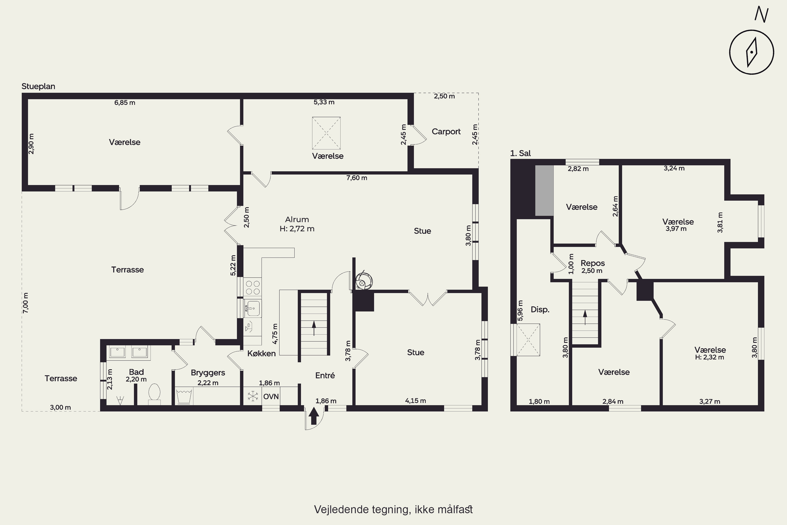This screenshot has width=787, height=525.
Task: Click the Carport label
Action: pos(446,132)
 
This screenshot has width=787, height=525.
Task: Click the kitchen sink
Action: pos(253,308)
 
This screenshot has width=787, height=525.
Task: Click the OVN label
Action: pos(271,397)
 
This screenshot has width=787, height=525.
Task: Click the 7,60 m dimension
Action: pos(357,178)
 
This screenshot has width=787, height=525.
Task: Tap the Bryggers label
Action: pos(208,373)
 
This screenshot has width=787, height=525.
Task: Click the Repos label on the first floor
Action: pos(593,263)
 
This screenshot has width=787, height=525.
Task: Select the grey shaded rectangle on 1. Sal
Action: pos(544,191)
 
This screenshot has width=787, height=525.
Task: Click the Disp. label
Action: pos(540,310)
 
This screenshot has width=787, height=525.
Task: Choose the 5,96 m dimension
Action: pos(520,310)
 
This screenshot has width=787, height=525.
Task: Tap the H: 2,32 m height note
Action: pos(709,357)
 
